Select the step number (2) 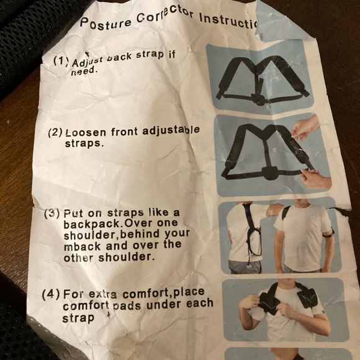click(55, 133)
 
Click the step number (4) click(50, 294)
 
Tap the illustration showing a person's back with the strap click(248, 236)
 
